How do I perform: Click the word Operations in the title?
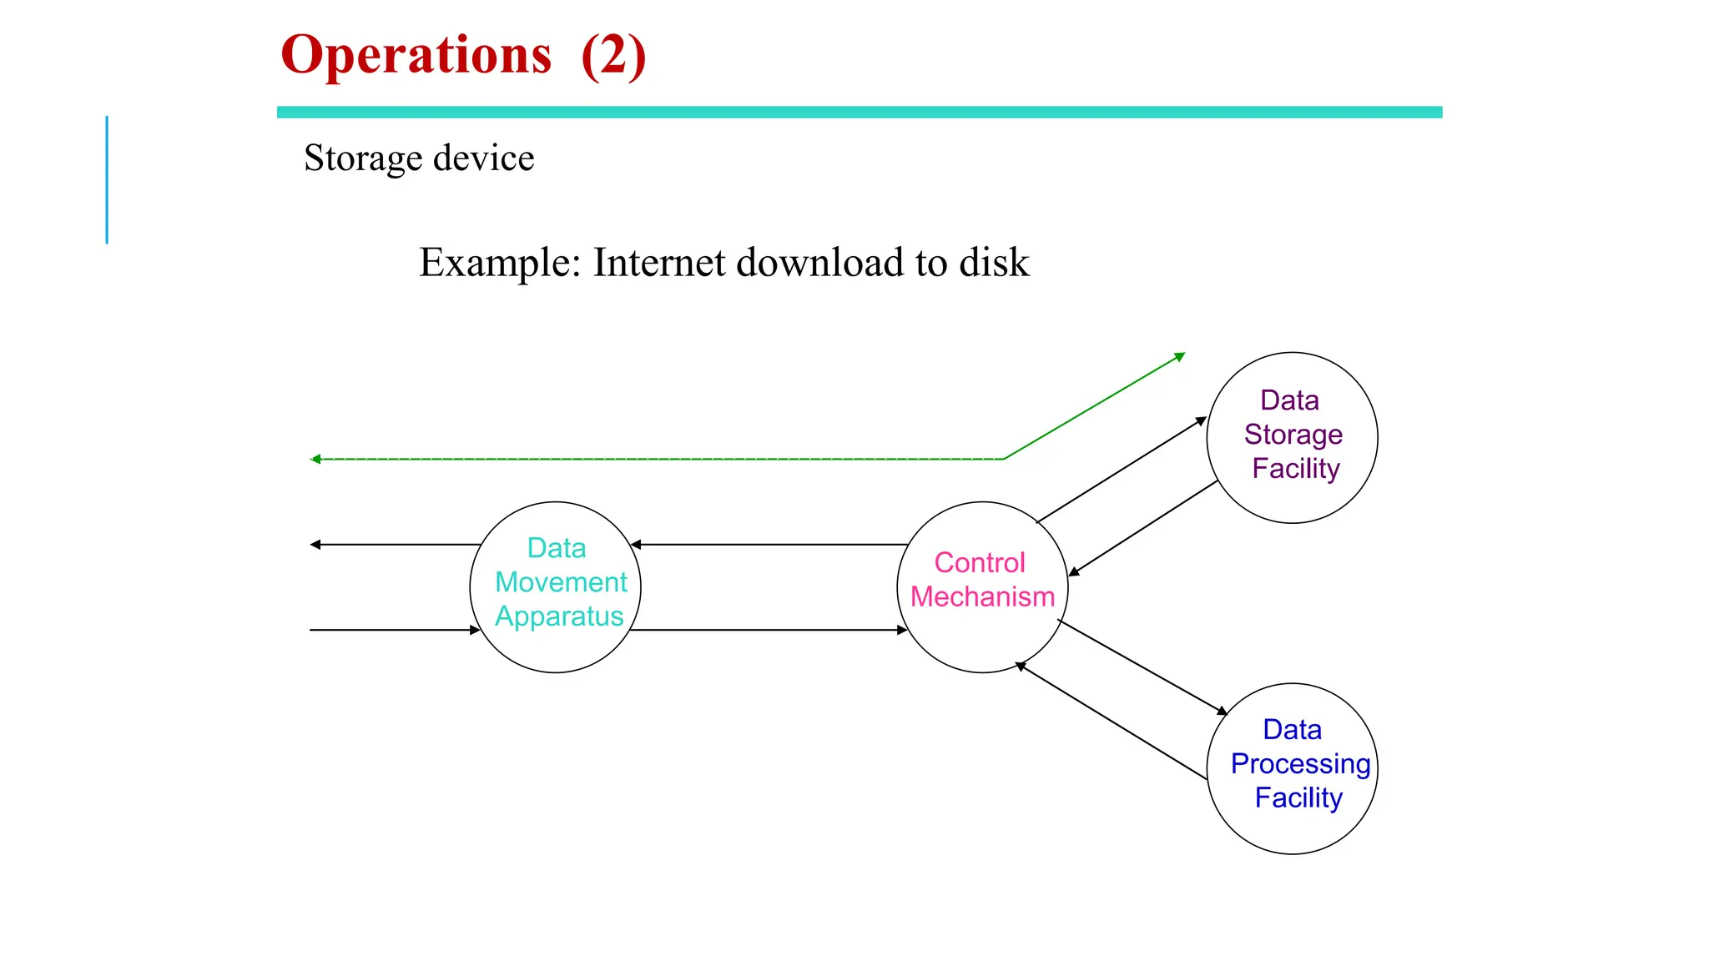click(x=416, y=55)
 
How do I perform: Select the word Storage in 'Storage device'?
click(x=363, y=158)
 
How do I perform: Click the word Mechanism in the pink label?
click(x=982, y=597)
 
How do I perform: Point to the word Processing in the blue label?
click(x=1300, y=764)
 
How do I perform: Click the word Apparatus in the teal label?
click(x=559, y=616)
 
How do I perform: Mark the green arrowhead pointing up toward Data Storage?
click(x=1180, y=357)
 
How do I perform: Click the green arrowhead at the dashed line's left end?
click(x=315, y=459)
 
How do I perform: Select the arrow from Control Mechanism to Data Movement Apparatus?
click(x=768, y=545)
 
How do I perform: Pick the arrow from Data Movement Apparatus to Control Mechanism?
click(x=768, y=630)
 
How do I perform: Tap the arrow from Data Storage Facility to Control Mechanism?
click(x=1143, y=528)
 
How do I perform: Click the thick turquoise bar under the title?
click(x=860, y=112)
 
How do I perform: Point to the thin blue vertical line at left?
click(x=107, y=179)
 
